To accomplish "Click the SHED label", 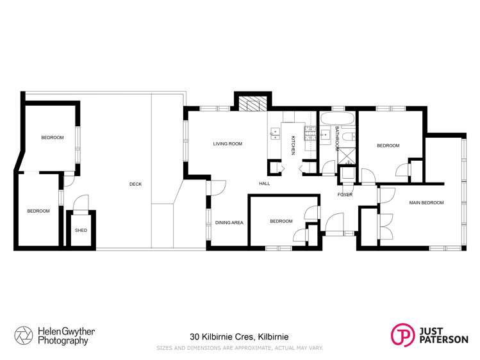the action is pyautogui.click(x=81, y=231).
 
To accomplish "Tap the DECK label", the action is pyautogui.click(x=136, y=184).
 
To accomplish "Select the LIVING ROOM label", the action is pyautogui.click(x=228, y=143).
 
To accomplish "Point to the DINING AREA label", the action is pyautogui.click(x=229, y=223).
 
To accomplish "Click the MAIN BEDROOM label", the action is pyautogui.click(x=426, y=202).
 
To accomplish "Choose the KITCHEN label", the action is pyautogui.click(x=293, y=145).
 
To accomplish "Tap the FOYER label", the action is pyautogui.click(x=345, y=195).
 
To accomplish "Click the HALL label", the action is pyautogui.click(x=265, y=183).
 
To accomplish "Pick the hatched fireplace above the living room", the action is pyautogui.click(x=253, y=104).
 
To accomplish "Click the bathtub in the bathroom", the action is pyautogui.click(x=337, y=119).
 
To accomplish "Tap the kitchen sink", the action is pyautogui.click(x=275, y=133).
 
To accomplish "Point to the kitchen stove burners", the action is pyautogui.click(x=310, y=133).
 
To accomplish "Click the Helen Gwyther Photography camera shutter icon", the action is pyautogui.click(x=24, y=336).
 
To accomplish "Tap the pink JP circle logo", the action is pyautogui.click(x=403, y=335).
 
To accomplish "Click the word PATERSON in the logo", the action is pyautogui.click(x=444, y=340).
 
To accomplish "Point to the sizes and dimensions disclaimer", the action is pyautogui.click(x=240, y=348).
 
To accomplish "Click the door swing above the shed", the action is pyautogui.click(x=81, y=203).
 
